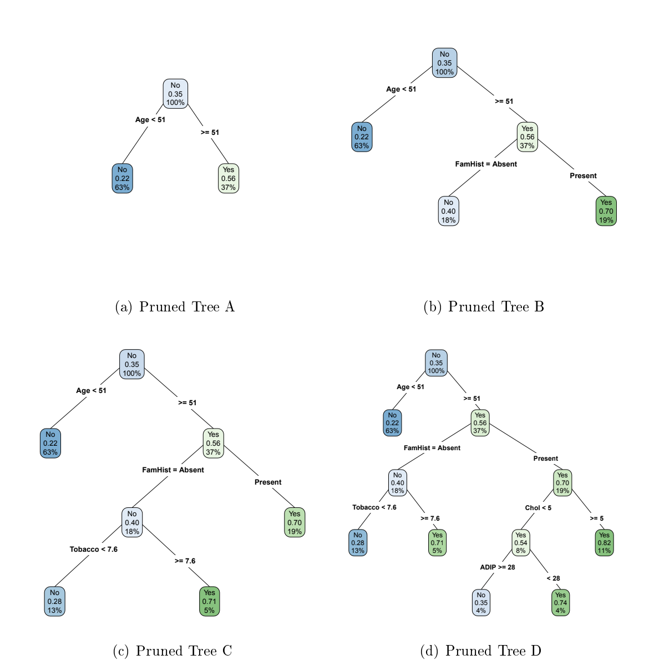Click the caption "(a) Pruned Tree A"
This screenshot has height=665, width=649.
tap(175, 307)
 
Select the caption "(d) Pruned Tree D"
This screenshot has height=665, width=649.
tap(480, 651)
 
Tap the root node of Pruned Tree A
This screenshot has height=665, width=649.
tap(175, 94)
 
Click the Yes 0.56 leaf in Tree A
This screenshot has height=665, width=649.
tap(229, 178)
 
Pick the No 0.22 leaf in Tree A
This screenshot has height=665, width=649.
tap(122, 178)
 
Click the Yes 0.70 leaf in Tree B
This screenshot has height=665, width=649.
tap(606, 211)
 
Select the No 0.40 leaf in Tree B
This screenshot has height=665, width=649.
tap(448, 211)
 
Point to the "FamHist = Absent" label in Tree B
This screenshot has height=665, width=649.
tap(486, 164)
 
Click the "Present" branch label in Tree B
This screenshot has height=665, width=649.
tap(583, 176)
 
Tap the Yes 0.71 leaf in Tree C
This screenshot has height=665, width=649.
tap(209, 601)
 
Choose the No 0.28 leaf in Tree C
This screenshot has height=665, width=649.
tap(54, 601)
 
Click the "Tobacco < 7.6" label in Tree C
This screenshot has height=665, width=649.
tap(93, 550)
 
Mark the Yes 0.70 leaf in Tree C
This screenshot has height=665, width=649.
tap(295, 522)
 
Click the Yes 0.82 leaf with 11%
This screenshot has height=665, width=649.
tap(604, 543)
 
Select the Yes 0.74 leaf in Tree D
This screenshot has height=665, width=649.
tap(560, 603)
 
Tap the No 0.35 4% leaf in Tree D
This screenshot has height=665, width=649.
tap(481, 603)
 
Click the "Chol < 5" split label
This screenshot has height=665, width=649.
tap(538, 508)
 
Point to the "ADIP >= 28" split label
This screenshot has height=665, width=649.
tap(497, 567)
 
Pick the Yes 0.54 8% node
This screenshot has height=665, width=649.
tap(520, 543)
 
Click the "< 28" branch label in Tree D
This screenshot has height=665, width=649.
tap(553, 578)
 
